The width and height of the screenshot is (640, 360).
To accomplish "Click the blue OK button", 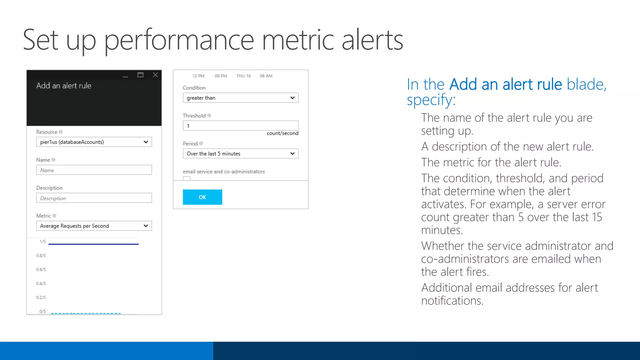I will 202,197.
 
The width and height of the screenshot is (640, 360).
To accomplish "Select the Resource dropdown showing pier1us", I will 94,142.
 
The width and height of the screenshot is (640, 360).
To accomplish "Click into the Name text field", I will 94,170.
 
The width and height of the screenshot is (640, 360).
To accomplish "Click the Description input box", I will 94,198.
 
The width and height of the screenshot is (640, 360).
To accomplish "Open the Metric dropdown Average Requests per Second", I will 94,226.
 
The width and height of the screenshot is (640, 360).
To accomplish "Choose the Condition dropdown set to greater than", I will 240,98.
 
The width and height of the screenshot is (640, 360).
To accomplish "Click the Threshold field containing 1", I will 240,126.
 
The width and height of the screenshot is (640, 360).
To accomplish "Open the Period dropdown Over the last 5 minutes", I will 240,153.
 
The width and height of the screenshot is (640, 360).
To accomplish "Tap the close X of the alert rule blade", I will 155,75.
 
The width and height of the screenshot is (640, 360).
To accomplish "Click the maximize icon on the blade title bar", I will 140,75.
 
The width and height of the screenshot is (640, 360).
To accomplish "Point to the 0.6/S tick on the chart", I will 41,269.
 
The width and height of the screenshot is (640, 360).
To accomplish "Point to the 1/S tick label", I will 42,242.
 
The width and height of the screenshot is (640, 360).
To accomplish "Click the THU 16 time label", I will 243,76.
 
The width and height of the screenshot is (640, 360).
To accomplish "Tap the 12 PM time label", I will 198,76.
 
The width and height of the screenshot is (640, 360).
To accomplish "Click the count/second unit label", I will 282,133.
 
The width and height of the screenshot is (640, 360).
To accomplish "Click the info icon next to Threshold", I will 209,116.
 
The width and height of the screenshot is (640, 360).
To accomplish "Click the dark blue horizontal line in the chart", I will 94,244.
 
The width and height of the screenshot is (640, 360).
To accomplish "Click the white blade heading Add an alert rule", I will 64,86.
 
